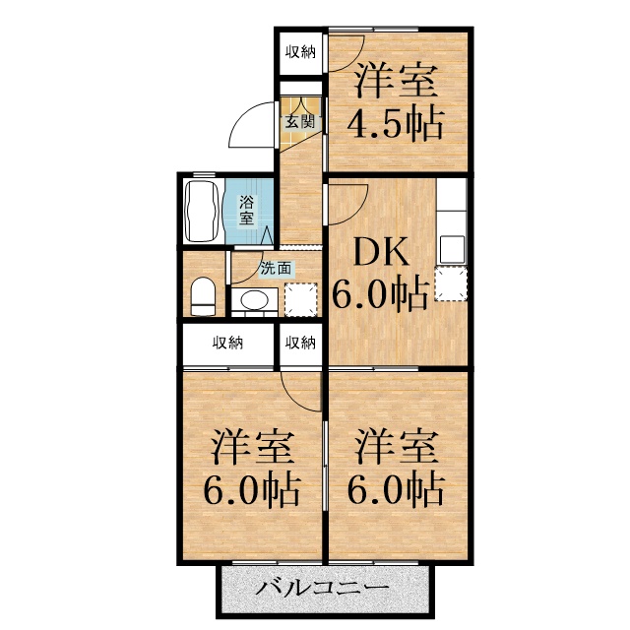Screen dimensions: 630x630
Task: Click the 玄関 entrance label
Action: pyautogui.click(x=299, y=122)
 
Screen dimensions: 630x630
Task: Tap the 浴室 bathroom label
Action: pyautogui.click(x=246, y=210)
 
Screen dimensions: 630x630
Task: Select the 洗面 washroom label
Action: pyautogui.click(x=276, y=269)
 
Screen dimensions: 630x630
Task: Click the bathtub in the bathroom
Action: pyautogui.click(x=201, y=212)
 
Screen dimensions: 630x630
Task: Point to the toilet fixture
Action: pyautogui.click(x=203, y=296)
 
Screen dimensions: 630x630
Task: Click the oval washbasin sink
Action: pyautogui.click(x=255, y=299)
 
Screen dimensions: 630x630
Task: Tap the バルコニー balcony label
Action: pyautogui.click(x=323, y=589)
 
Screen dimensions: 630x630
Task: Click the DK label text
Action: pyautogui.click(x=381, y=252)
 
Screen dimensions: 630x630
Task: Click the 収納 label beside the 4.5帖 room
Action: pyautogui.click(x=300, y=52)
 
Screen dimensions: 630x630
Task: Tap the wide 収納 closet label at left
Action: pyautogui.click(x=227, y=344)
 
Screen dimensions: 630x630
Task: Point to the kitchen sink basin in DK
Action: pyautogui.click(x=453, y=249)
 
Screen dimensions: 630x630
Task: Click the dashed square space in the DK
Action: pyautogui.click(x=451, y=283)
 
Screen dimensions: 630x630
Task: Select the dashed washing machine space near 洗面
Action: pyautogui.click(x=301, y=299)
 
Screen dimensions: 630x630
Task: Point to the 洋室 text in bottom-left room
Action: pyautogui.click(x=253, y=447)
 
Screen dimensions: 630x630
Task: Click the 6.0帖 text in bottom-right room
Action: pyautogui.click(x=396, y=489)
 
